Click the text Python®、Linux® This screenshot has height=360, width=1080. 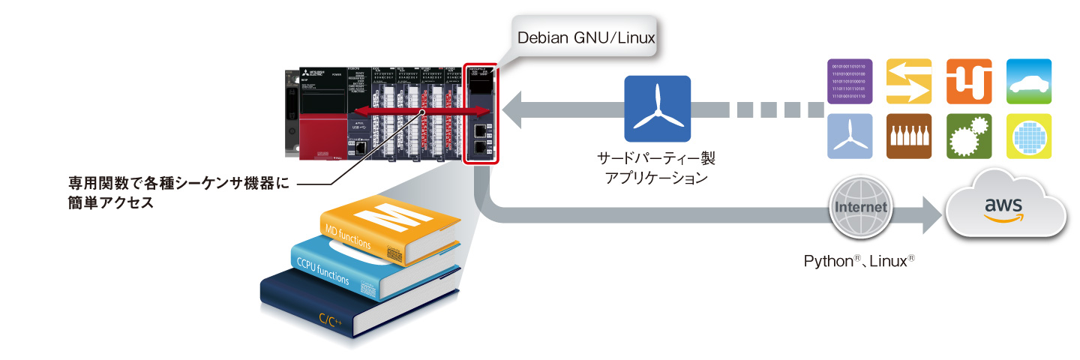pyautogui.click(x=859, y=262)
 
